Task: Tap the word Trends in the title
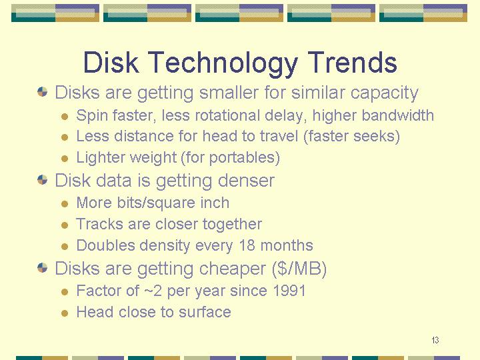tap(352, 62)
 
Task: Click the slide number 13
tap(435, 340)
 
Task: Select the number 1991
tap(289, 291)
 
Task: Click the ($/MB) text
tap(299, 269)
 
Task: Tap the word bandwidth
tap(397, 115)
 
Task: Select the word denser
tap(246, 180)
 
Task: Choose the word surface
tap(205, 312)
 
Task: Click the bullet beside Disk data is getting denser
tap(42, 180)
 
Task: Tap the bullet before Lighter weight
tap(64, 159)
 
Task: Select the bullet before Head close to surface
tap(64, 313)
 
